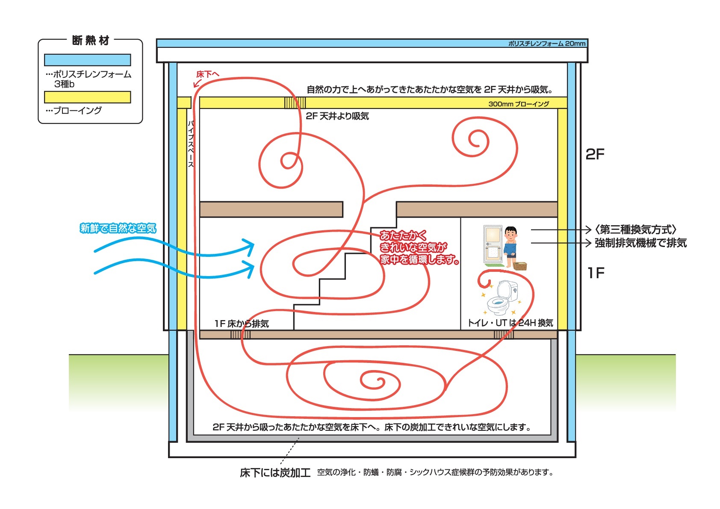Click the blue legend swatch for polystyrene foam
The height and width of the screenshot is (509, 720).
pos(87,60)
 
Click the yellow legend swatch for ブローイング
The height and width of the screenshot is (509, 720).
pos(87,97)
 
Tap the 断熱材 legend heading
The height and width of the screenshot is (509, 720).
pos(91,41)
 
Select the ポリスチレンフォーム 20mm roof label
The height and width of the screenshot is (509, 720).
pos(546,44)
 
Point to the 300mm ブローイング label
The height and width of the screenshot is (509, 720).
pos(518,104)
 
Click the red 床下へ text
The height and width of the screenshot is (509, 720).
pos(207,74)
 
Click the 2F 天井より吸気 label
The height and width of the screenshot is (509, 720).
pos(337,116)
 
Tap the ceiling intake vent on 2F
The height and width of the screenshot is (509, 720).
pos(295,103)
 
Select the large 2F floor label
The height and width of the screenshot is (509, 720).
pos(595,154)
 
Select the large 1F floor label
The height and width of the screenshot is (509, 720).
pos(596,273)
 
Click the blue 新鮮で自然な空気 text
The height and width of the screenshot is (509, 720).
pos(118,228)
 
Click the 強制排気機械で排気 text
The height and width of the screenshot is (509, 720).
pos(640,243)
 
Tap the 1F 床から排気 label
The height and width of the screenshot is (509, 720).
pos(242,324)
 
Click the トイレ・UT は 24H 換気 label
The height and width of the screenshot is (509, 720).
pos(510,323)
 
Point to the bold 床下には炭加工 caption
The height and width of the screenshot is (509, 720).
pos(275,473)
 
